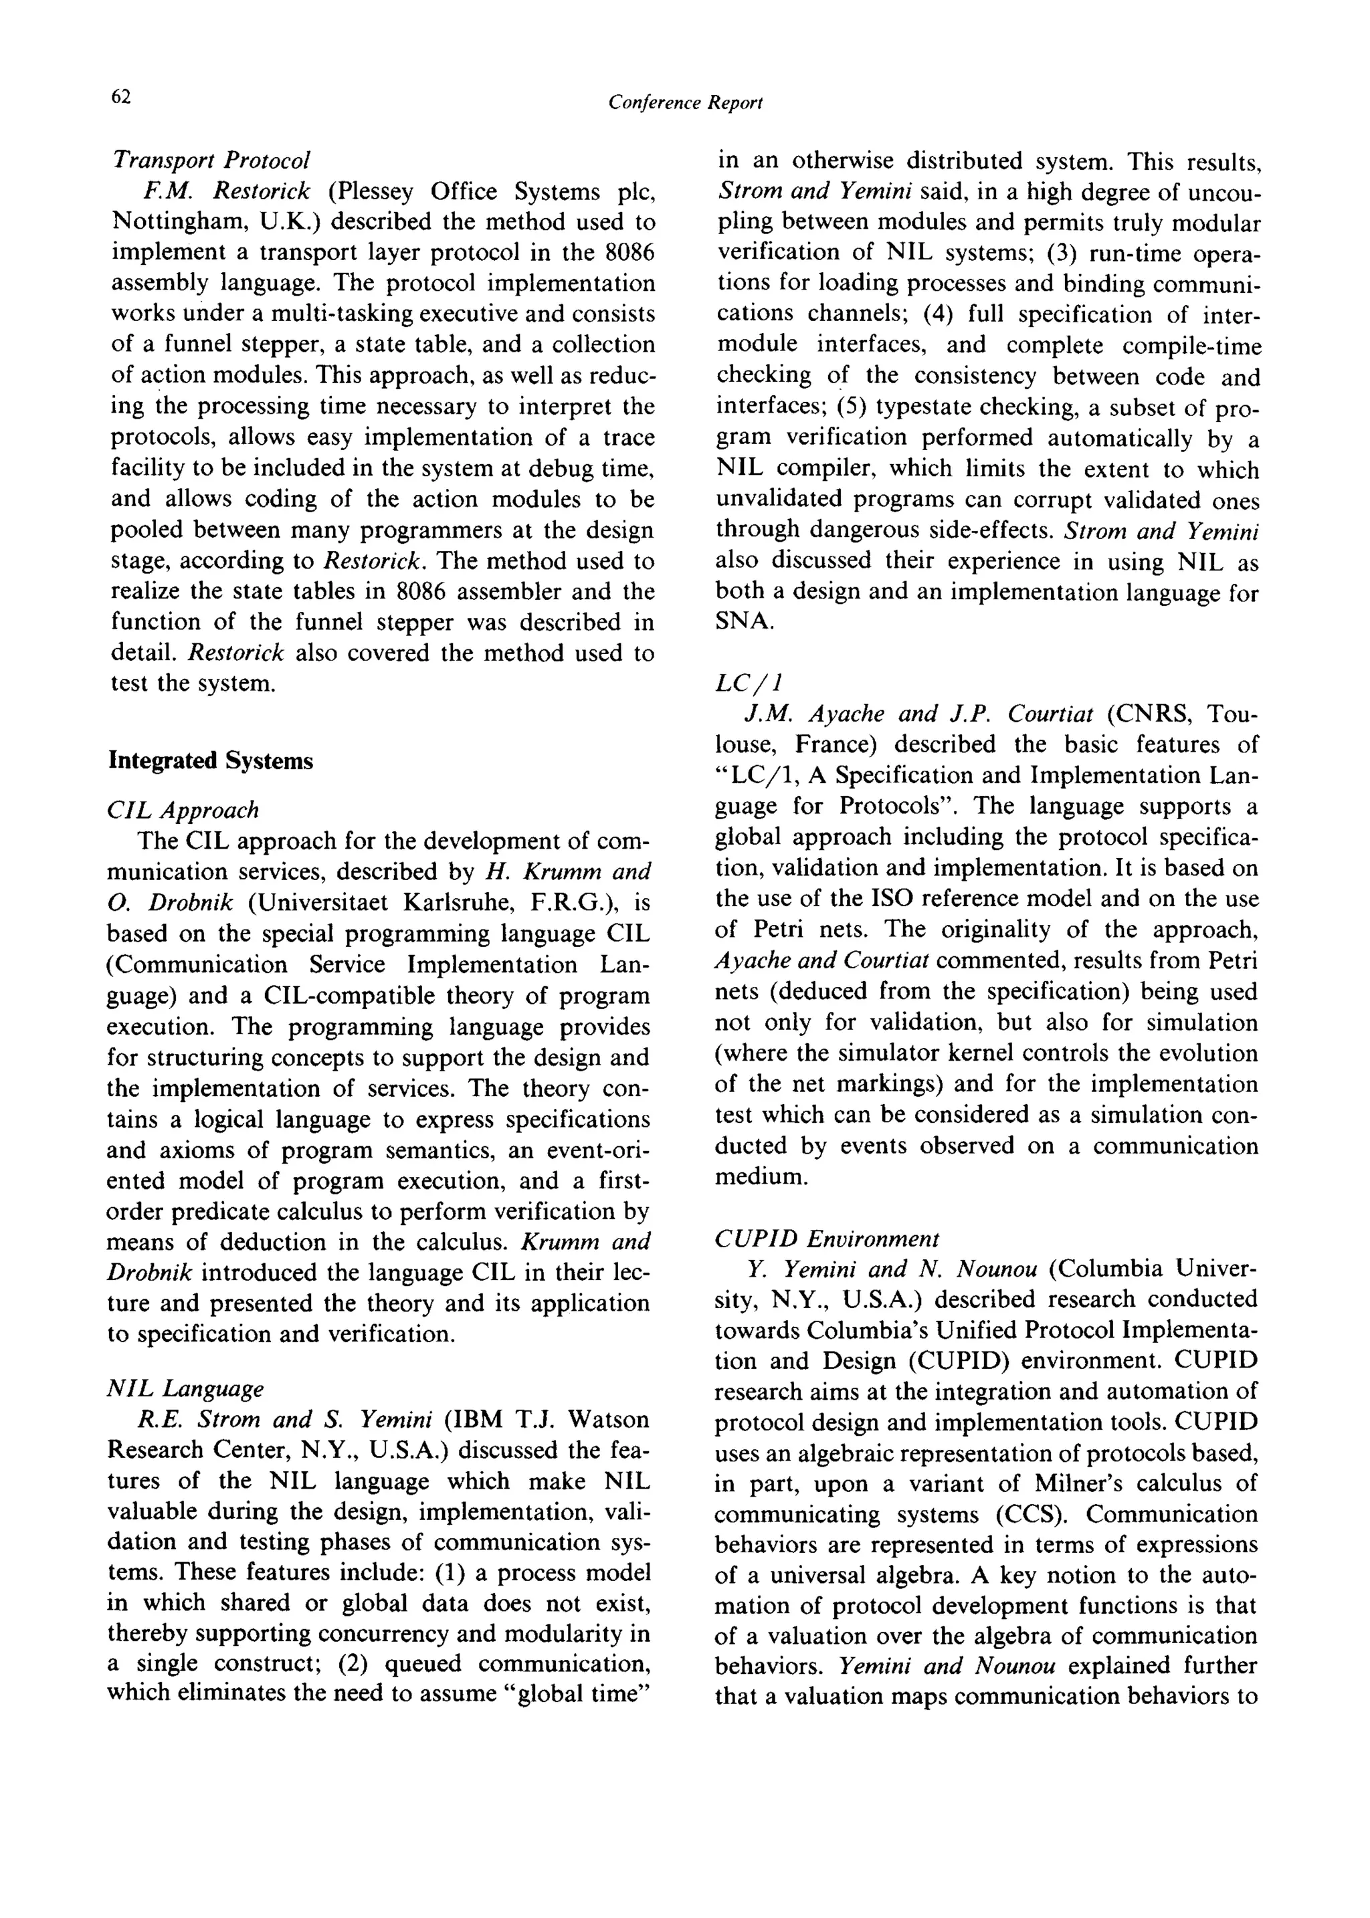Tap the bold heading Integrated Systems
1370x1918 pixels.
pyautogui.click(x=211, y=761)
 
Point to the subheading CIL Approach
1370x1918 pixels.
pyautogui.click(x=184, y=811)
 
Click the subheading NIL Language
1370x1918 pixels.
pyautogui.click(x=185, y=1388)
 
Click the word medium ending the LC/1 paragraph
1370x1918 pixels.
pyautogui.click(x=761, y=1176)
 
